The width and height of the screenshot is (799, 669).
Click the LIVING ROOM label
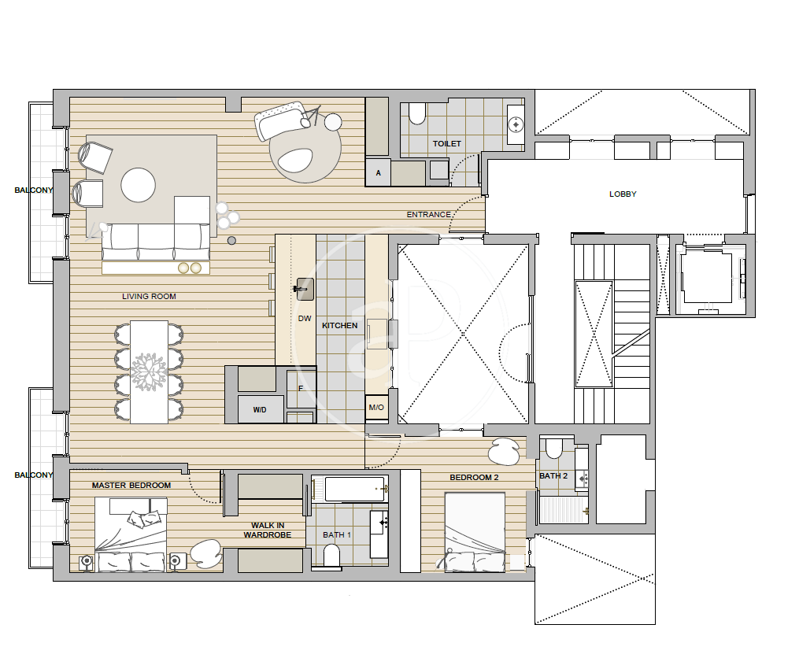(x=149, y=296)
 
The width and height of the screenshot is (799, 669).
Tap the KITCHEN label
(x=339, y=325)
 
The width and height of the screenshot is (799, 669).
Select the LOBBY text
(x=623, y=194)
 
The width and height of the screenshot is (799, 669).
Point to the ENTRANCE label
(x=428, y=215)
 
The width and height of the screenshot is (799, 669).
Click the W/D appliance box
(x=261, y=409)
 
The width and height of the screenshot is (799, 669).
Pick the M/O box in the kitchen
(x=376, y=407)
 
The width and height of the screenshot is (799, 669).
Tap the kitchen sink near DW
(x=305, y=290)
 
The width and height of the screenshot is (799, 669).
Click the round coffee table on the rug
(x=138, y=185)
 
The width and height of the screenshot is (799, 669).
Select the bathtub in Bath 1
(x=355, y=489)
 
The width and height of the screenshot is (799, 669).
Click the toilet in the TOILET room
(x=417, y=113)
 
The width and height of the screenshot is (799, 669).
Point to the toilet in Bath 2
(x=553, y=449)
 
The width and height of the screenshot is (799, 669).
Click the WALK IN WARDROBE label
(x=268, y=530)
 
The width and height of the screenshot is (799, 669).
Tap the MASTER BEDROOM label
(x=131, y=485)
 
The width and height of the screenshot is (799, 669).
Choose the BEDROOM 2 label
(x=474, y=478)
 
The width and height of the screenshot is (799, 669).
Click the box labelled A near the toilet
(x=378, y=172)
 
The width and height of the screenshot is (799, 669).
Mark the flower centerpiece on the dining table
(x=148, y=371)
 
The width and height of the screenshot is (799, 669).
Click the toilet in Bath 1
(x=331, y=555)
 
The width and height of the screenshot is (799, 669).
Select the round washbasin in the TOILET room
(x=516, y=124)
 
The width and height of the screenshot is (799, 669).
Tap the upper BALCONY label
(x=34, y=190)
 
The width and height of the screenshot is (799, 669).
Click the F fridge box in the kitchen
(x=301, y=389)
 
